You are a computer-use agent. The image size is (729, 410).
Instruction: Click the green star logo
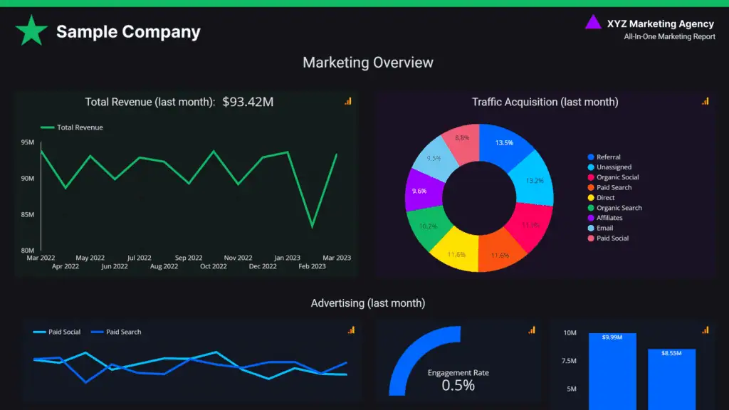[x=31, y=31]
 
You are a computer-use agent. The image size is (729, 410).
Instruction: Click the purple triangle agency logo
[x=592, y=23]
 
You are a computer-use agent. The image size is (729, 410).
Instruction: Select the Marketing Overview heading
[x=367, y=63]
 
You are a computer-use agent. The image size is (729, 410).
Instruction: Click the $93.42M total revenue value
[x=248, y=102]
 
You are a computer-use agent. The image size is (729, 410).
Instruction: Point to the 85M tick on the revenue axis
[x=27, y=214]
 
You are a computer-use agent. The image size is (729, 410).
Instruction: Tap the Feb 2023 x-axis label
[x=312, y=266]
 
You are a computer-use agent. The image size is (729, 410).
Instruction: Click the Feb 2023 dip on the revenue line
[x=312, y=226]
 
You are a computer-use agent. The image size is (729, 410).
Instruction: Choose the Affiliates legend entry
[x=609, y=218]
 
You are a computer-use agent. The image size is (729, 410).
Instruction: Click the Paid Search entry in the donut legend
[x=614, y=187]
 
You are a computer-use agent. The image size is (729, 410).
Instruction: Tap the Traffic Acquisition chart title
[x=545, y=102]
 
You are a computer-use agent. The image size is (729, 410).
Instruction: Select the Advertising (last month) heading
[x=367, y=303]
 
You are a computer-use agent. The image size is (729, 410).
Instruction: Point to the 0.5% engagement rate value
[x=458, y=386]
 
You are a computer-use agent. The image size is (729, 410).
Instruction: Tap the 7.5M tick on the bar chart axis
[x=570, y=361]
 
